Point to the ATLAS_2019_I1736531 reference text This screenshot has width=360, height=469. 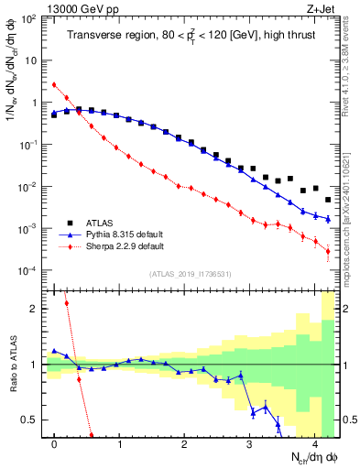click(x=191, y=274)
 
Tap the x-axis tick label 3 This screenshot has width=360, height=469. click(x=250, y=442)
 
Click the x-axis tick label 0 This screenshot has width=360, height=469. click(x=54, y=442)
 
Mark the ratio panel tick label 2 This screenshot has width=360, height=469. click(x=36, y=309)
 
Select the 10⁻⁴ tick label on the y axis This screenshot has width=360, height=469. click(x=29, y=270)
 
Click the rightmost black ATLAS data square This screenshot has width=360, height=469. click(x=328, y=199)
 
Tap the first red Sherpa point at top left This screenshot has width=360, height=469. click(x=54, y=84)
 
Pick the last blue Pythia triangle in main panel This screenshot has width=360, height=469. click(x=328, y=219)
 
